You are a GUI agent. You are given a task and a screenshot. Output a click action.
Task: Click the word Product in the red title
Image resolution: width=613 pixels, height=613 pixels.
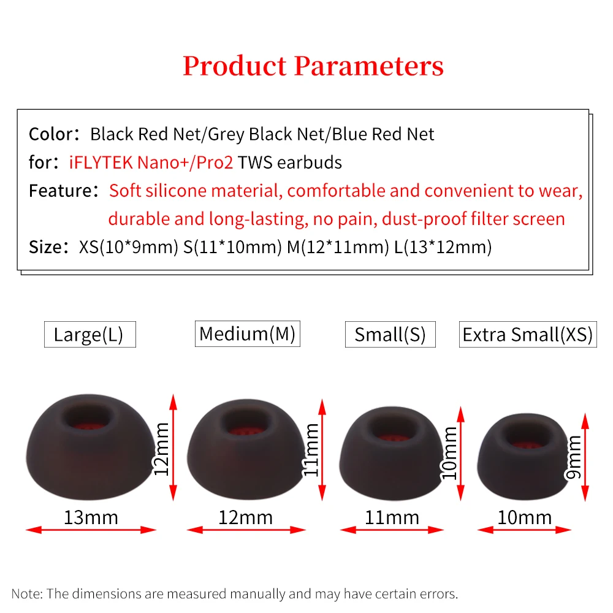tap(235, 66)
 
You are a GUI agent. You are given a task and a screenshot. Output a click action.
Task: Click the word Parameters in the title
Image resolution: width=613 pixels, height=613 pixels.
tap(369, 66)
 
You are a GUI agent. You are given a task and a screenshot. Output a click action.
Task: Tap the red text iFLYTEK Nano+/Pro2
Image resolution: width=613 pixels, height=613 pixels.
tap(151, 162)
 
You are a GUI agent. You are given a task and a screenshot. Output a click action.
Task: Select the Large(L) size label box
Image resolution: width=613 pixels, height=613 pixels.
tap(90, 334)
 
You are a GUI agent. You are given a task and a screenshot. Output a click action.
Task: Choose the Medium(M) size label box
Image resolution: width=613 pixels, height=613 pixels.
tap(248, 333)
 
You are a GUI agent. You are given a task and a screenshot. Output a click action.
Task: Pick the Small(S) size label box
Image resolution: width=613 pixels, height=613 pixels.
tap(390, 334)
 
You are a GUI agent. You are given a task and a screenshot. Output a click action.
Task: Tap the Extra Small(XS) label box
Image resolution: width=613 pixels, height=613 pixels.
tap(528, 334)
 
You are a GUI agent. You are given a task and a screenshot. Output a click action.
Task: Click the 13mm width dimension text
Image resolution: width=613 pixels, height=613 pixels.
tap(91, 517)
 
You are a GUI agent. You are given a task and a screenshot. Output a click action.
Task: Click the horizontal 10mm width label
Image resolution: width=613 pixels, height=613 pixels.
tap(524, 517)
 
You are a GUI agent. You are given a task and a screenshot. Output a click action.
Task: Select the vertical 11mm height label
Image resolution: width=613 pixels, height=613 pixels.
tap(311, 449)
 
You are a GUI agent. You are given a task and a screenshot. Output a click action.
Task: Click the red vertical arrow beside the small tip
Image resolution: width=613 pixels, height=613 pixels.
tap(460, 454)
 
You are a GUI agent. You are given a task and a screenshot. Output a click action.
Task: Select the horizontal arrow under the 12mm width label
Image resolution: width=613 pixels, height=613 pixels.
tap(246, 530)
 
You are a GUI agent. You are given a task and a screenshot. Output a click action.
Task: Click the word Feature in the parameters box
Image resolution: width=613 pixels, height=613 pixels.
tap(60, 191)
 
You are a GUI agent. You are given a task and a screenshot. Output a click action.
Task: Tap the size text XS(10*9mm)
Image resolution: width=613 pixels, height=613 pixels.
tap(129, 247)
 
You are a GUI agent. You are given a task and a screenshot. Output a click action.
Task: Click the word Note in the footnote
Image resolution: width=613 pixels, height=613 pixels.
tap(25, 593)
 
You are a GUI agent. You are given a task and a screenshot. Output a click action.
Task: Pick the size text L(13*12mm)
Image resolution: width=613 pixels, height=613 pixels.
tap(443, 247)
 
